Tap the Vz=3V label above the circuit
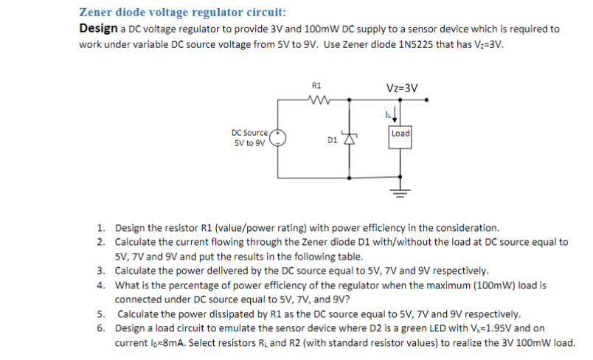coord(401,87)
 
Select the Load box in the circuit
coord(400,134)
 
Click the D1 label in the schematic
coord(332,138)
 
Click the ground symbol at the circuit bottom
coord(400,193)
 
